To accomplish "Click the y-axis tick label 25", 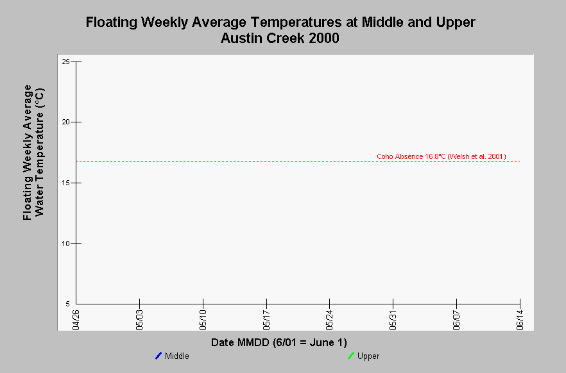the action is (x=65, y=62).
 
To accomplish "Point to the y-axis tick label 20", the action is (x=65, y=122).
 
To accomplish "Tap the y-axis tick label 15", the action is (x=65, y=183).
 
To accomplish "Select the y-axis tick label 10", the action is (x=65, y=244).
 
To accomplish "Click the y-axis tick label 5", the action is (x=67, y=304).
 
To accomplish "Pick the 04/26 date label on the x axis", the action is (x=76, y=320).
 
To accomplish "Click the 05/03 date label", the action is (x=139, y=320).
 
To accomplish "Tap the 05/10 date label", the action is (x=203, y=320).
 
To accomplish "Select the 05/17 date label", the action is (x=266, y=320).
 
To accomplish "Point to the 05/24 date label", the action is (x=330, y=320).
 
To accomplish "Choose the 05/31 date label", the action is (x=393, y=320).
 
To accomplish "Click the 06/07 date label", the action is (x=457, y=320).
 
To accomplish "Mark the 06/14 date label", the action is (x=520, y=320).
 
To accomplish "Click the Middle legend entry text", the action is (x=177, y=356).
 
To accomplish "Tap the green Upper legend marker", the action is (x=351, y=356).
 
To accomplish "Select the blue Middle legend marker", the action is (x=159, y=356).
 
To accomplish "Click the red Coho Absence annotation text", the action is (x=442, y=156).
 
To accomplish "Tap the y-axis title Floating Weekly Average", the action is (x=28, y=153).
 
